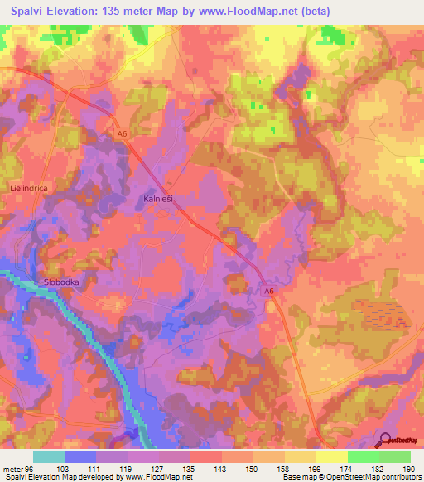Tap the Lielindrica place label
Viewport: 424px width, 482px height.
pyautogui.click(x=27, y=189)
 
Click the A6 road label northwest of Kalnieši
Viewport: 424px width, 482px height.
pyautogui.click(x=122, y=134)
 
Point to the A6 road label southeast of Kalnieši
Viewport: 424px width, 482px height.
pyautogui.click(x=269, y=291)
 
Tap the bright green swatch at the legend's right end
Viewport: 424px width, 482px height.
pyautogui.click(x=394, y=456)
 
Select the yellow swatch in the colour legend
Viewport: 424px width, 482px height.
pyautogui.click(x=331, y=456)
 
